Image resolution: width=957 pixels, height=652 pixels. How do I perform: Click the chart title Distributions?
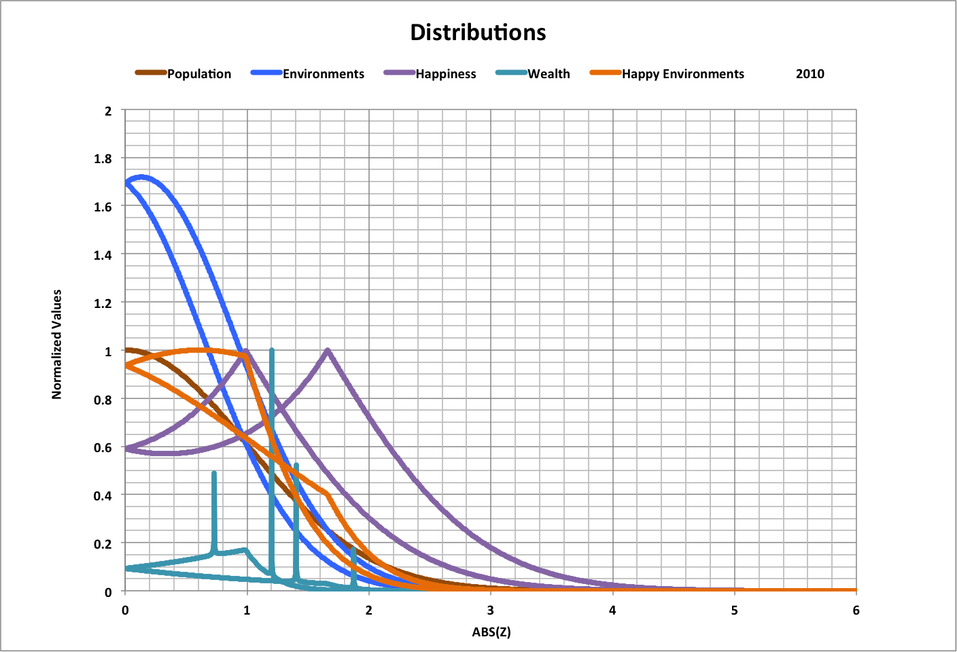pyautogui.click(x=478, y=33)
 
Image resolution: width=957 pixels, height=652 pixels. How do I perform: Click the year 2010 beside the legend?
pyautogui.click(x=810, y=74)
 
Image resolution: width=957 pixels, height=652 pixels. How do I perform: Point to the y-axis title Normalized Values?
pyautogui.click(x=57, y=344)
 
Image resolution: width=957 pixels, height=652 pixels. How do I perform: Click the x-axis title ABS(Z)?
pyautogui.click(x=491, y=632)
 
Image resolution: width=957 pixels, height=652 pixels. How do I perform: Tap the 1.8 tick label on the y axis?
pyautogui.click(x=103, y=158)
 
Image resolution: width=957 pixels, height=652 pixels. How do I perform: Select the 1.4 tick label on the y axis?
pyautogui.click(x=103, y=255)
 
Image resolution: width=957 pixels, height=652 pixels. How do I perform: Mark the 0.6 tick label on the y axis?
pyautogui.click(x=103, y=447)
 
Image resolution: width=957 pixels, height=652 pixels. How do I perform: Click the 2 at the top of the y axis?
pyautogui.click(x=108, y=110)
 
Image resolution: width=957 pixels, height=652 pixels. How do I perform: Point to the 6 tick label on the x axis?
pyautogui.click(x=856, y=611)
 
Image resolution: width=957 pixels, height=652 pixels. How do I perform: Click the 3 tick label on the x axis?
pyautogui.click(x=490, y=611)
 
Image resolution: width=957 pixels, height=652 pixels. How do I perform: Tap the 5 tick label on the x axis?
pyautogui.click(x=734, y=611)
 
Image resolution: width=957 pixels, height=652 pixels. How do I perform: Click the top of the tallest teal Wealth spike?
pyautogui.click(x=272, y=351)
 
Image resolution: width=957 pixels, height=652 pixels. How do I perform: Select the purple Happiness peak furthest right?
pyautogui.click(x=328, y=351)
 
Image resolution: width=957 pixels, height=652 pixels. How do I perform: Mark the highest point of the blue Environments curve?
pyautogui.click(x=141, y=177)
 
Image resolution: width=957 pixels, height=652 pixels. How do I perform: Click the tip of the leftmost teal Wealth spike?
pyautogui.click(x=214, y=473)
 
